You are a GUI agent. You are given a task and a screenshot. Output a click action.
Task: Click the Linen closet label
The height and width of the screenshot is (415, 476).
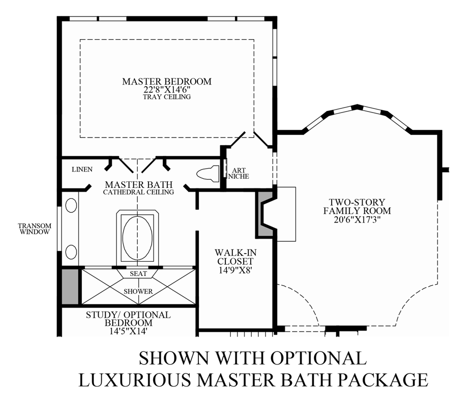[x=82, y=169]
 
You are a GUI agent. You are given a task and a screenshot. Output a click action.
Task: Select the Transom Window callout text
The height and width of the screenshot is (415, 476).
[x=34, y=228]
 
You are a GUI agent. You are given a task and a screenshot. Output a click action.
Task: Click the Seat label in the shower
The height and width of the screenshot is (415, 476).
[x=138, y=274]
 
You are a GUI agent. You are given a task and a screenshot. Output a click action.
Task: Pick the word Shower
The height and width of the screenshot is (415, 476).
[x=138, y=291]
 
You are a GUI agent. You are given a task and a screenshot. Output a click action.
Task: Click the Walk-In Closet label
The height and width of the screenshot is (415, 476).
[x=234, y=257]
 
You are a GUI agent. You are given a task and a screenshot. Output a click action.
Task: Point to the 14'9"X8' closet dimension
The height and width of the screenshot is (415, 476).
[x=234, y=271]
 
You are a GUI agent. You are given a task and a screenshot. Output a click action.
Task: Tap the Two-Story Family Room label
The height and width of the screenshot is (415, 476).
[x=356, y=206]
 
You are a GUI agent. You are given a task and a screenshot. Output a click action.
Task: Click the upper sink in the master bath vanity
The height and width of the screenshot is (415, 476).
[x=71, y=206]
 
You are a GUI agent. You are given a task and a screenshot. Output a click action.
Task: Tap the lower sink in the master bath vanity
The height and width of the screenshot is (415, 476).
[x=71, y=251]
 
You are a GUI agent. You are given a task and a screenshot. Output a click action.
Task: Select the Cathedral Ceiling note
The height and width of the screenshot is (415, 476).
[x=138, y=192]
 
